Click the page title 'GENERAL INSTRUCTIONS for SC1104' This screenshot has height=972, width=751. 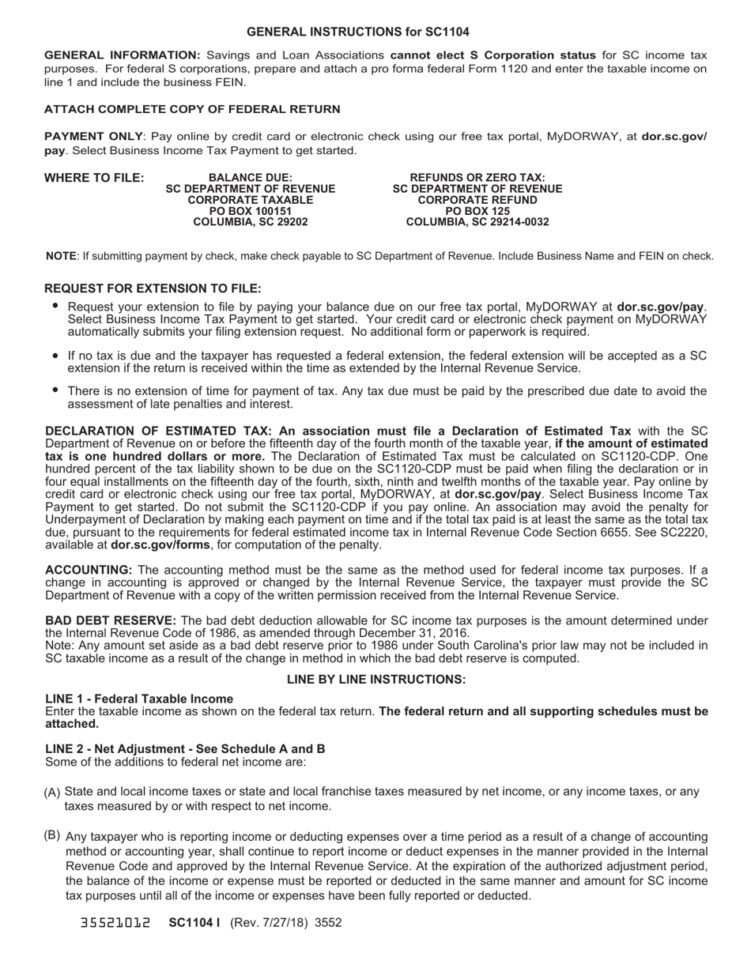pos(357,32)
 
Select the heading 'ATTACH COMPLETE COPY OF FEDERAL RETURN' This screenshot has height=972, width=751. pos(192,109)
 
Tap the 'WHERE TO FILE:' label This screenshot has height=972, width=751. pos(94,178)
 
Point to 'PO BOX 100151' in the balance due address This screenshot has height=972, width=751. pos(250,211)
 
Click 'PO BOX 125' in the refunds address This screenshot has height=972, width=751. pos(477,211)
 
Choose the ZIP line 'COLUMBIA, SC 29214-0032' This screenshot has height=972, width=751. pos(477,222)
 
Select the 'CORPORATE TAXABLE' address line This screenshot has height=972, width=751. pos(250,200)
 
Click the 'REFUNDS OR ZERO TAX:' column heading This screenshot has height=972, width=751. pos(477,178)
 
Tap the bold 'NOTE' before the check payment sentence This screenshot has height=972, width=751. pos(61,256)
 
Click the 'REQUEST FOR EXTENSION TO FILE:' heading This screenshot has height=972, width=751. pos(153,288)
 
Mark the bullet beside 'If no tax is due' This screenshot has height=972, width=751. pos(55,356)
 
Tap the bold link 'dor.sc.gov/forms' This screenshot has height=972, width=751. pos(160,544)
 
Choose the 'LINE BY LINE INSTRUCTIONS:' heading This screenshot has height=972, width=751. pos(376,680)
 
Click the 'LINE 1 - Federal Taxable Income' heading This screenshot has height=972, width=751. pos(139,699)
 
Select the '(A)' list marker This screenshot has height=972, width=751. pos(52,793)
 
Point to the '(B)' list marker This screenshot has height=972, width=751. pos(52,835)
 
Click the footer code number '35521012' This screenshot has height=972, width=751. pos(115,922)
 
